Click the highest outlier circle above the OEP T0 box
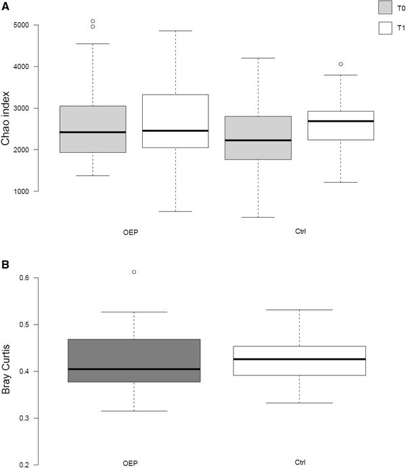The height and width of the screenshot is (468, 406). pos(93,21)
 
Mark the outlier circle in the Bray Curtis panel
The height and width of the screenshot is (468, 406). pos(134,272)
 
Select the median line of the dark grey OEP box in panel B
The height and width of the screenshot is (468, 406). pos(134,369)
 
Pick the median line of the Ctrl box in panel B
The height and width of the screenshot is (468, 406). pos(299,359)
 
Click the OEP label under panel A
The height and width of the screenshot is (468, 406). pos(133,231)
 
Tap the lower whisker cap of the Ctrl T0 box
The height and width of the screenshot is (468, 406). pos(258,217)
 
